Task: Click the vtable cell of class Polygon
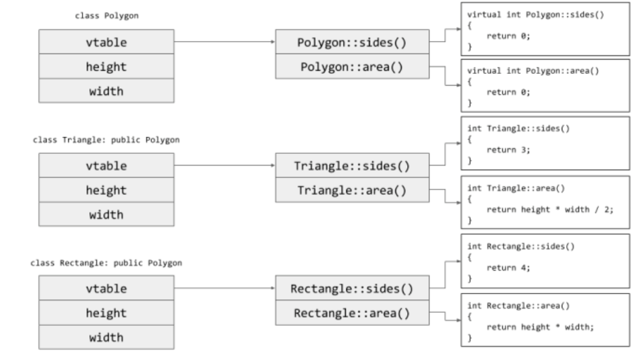tap(107, 42)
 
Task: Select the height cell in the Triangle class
tap(107, 190)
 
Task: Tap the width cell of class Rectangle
tap(107, 337)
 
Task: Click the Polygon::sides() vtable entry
tap(352, 42)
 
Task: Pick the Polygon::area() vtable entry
tap(352, 66)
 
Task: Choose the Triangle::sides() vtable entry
tap(352, 165)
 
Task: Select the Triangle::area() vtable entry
tap(352, 190)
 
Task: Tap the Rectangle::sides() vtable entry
tap(352, 288)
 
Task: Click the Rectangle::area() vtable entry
tap(352, 313)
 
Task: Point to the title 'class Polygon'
tap(107, 16)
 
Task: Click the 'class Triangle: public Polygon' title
tap(106, 140)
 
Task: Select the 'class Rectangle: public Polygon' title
tap(106, 263)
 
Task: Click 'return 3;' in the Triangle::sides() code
tap(508, 150)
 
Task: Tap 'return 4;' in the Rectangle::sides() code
tap(508, 268)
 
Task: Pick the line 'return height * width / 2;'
tap(550, 209)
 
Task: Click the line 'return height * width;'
tap(540, 327)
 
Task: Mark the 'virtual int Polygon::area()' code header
tap(533, 71)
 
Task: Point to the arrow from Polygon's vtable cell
tap(225, 42)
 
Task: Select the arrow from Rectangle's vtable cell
tap(225, 288)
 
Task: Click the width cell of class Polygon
tap(107, 91)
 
